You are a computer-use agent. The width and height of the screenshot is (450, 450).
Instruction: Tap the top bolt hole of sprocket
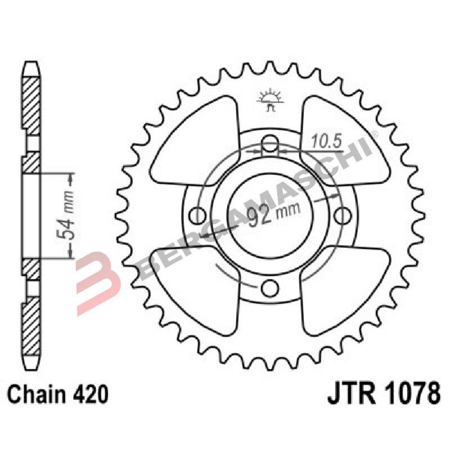click(x=269, y=141)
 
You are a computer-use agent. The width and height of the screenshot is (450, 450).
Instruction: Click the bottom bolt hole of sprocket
click(x=269, y=289)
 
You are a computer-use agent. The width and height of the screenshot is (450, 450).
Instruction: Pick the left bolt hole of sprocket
click(x=196, y=215)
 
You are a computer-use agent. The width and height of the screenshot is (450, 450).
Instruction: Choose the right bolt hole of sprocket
click(x=343, y=215)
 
